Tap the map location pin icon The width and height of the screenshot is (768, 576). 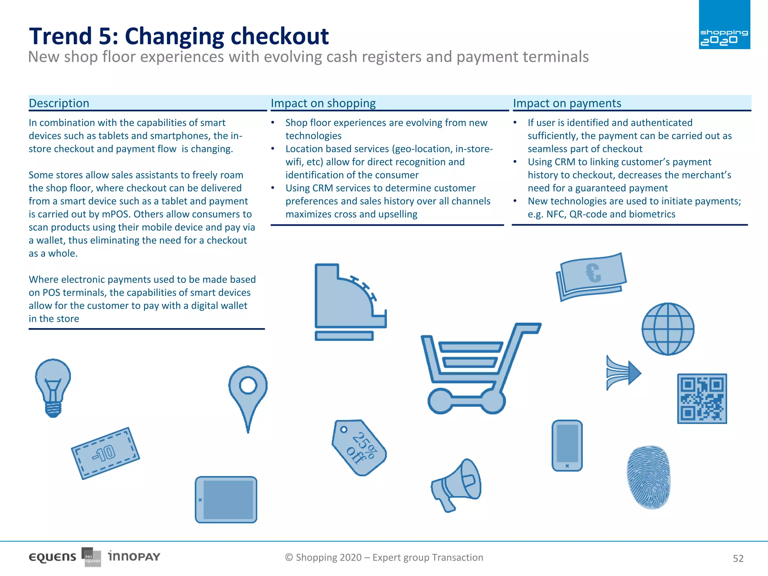[x=248, y=394]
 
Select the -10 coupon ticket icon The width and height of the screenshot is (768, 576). [x=105, y=453]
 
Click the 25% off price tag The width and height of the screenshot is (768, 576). [x=359, y=447]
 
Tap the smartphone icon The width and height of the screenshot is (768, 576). [x=567, y=445]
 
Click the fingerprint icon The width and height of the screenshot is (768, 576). [x=648, y=477]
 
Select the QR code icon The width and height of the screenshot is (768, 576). [x=702, y=399]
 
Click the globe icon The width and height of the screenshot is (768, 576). [x=668, y=329]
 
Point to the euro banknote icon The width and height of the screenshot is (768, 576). [x=591, y=276]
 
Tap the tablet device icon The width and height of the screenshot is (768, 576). [x=226, y=499]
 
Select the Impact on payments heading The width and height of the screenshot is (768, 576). [x=567, y=103]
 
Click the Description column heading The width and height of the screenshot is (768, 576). [x=59, y=103]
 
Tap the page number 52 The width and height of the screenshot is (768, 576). [x=738, y=558]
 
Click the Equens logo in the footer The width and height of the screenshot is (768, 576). [x=52, y=557]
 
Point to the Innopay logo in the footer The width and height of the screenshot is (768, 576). [x=134, y=556]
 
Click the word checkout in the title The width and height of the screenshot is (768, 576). [x=279, y=36]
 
